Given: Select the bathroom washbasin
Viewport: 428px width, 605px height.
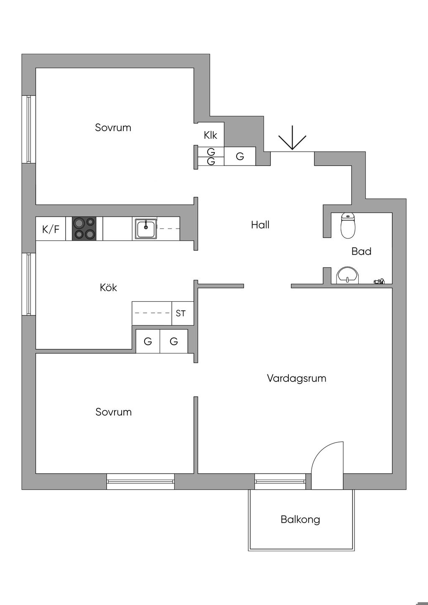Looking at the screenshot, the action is tap(348, 275).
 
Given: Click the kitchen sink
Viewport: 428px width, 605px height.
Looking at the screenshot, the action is tap(146, 229).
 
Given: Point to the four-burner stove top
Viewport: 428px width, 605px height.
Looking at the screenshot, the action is tap(84, 229).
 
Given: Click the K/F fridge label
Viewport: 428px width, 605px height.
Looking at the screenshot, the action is tap(51, 229).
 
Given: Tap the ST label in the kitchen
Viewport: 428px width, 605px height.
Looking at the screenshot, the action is tap(181, 313).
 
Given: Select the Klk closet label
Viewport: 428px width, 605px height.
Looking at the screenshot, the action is tap(211, 135).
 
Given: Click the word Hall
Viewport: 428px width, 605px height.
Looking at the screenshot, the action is tap(260, 225).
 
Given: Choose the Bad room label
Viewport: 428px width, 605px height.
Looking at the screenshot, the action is tap(361, 252).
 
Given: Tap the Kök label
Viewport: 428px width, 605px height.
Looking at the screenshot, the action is tap(108, 287).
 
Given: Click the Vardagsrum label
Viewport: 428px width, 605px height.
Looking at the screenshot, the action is tap(297, 378).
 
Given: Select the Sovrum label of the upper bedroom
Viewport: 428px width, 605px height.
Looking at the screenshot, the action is tap(113, 127).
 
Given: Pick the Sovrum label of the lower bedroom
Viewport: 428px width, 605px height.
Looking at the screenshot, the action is tap(114, 412).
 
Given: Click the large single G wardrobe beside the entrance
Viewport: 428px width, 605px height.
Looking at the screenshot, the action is tap(240, 156).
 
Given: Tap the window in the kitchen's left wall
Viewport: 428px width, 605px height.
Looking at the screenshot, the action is tap(29, 284).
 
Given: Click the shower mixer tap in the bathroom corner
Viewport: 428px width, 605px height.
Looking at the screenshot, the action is tap(379, 282).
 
